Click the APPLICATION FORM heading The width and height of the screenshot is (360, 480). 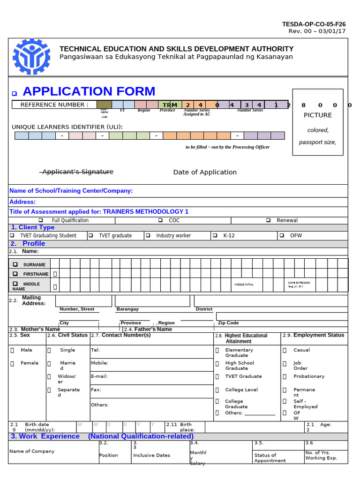89,91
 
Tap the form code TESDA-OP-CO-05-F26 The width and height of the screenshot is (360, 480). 314,24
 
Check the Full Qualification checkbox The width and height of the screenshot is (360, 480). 41,220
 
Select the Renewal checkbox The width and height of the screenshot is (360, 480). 268,220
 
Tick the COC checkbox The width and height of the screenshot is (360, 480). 160,220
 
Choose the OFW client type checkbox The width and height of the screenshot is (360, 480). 282,235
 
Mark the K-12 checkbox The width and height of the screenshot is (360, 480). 215,235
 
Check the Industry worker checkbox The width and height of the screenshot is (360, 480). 148,235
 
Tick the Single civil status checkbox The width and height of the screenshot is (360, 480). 49,350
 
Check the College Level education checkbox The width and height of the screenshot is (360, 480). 217,390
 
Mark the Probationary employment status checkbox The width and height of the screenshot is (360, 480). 285,376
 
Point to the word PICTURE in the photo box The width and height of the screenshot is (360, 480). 317,115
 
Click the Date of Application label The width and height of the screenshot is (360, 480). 205,172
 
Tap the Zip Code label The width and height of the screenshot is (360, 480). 228,323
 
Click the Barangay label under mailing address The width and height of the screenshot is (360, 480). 127,309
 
